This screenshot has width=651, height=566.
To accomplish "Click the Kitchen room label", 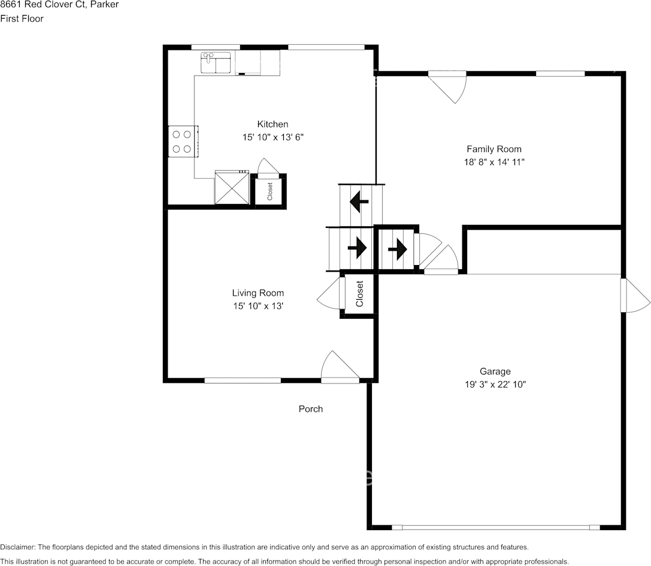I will pyautogui.click(x=272, y=124).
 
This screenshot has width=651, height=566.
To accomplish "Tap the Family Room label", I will pyautogui.click(x=493, y=149).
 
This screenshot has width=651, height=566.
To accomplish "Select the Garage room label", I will pyautogui.click(x=495, y=371).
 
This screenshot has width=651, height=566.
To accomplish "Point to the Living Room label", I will pyautogui.click(x=258, y=293).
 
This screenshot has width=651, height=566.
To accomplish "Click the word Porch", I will pyautogui.click(x=311, y=409).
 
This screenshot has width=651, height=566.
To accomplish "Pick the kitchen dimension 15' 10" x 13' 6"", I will pyautogui.click(x=272, y=137).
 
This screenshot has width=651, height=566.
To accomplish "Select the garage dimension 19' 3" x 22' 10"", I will pyautogui.click(x=495, y=385).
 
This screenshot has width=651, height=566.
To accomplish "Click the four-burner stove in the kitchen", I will pyautogui.click(x=182, y=142).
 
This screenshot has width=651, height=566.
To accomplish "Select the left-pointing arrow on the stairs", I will pyautogui.click(x=359, y=201).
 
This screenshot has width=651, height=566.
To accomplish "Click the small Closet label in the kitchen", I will pyautogui.click(x=270, y=191).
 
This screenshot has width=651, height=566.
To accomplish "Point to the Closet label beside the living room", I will pyautogui.click(x=359, y=294).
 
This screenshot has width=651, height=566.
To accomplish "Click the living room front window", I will pyautogui.click(x=243, y=380).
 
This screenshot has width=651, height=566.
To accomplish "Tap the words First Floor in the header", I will pyautogui.click(x=22, y=19).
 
